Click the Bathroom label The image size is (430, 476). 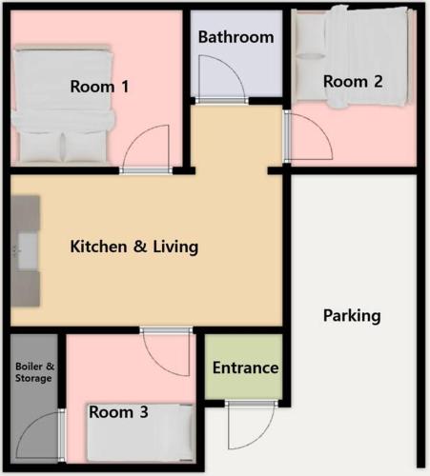[x=235, y=37]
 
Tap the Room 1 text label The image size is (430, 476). [x=99, y=87]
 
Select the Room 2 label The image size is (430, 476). [x=353, y=82]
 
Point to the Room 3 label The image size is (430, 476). [x=118, y=412]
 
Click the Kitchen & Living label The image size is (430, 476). [x=134, y=247]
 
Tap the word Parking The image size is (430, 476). [x=352, y=316]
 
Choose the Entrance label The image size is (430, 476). [x=245, y=367]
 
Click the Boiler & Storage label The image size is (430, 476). [x=34, y=372]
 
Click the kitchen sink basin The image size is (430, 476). [x=28, y=251]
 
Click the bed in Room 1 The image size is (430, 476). [x=63, y=105]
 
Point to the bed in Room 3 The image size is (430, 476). [x=140, y=433]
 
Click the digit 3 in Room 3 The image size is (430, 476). [x=144, y=412]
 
